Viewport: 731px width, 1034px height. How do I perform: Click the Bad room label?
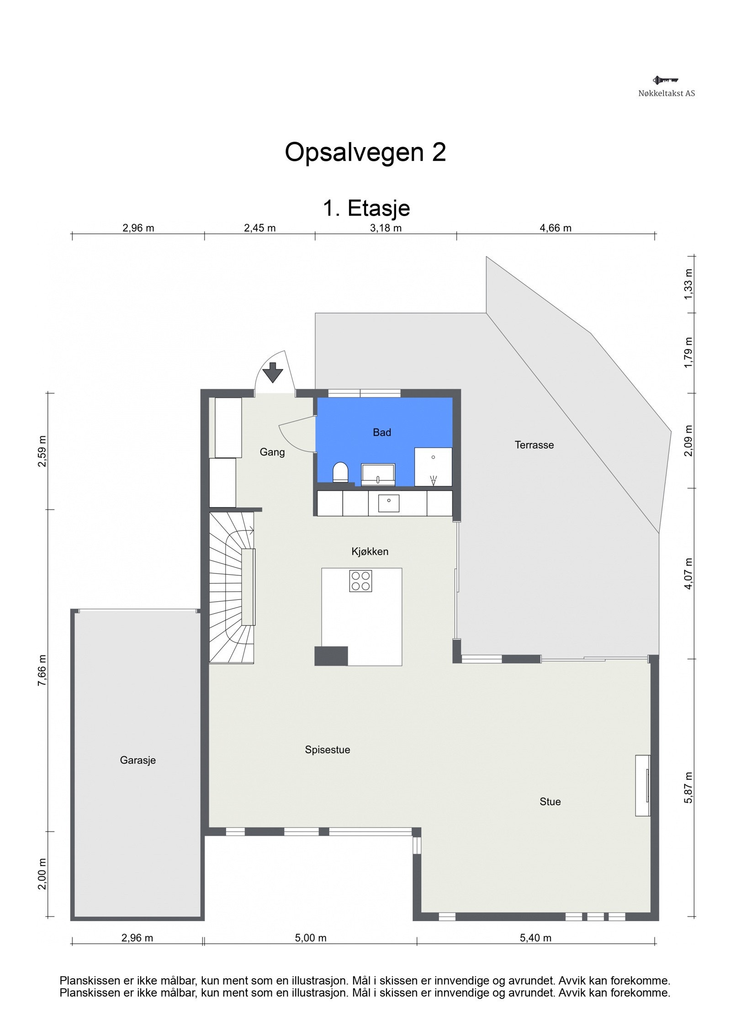click(x=381, y=432)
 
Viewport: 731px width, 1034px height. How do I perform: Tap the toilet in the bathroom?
click(x=340, y=472)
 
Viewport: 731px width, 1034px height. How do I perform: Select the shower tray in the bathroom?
click(x=433, y=467)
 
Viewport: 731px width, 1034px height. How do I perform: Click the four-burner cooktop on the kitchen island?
click(x=360, y=581)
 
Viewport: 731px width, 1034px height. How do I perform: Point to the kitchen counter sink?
click(x=388, y=503)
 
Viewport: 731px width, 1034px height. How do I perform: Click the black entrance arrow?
click(x=273, y=372)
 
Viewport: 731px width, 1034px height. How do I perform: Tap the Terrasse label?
click(x=534, y=445)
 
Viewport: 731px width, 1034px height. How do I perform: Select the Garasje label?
click(x=138, y=760)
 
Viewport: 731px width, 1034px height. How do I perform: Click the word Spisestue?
click(x=327, y=749)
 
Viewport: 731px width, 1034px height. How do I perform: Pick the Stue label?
click(x=550, y=801)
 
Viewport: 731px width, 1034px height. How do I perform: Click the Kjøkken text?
click(x=370, y=551)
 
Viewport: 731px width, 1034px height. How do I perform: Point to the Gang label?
click(x=272, y=452)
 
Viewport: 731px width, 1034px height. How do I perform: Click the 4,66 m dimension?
click(x=555, y=228)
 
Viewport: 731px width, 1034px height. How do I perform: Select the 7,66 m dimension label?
click(x=42, y=670)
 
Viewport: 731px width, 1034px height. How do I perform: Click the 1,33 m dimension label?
click(x=688, y=284)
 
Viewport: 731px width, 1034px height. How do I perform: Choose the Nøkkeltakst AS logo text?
click(x=666, y=93)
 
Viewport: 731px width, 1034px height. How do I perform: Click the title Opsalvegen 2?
click(x=365, y=152)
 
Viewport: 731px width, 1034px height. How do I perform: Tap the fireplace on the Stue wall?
click(x=642, y=785)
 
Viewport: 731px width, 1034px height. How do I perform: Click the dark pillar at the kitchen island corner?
click(x=331, y=656)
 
